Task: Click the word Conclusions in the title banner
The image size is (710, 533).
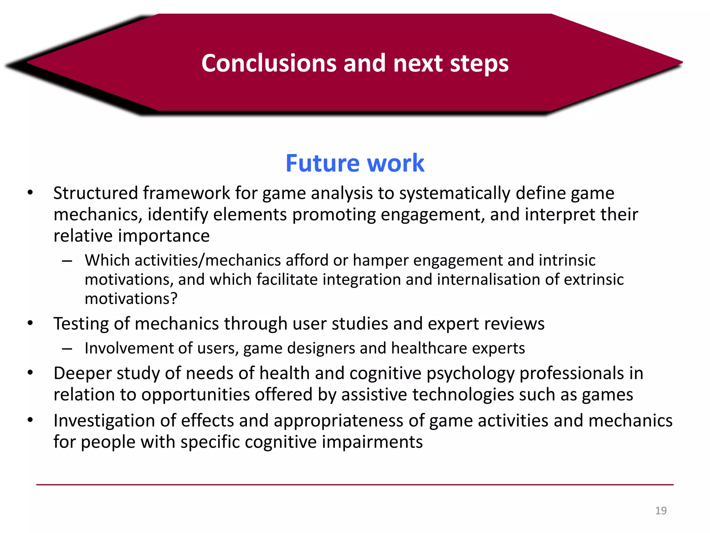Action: tap(269, 63)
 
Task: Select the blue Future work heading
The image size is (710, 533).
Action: tap(355, 163)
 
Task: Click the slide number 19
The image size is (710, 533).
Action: tap(661, 511)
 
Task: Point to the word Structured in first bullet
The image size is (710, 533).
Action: tap(95, 193)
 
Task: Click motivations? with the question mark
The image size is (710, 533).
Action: tap(131, 299)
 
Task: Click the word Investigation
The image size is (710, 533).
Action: tap(104, 421)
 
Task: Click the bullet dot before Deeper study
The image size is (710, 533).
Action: tap(31, 373)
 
